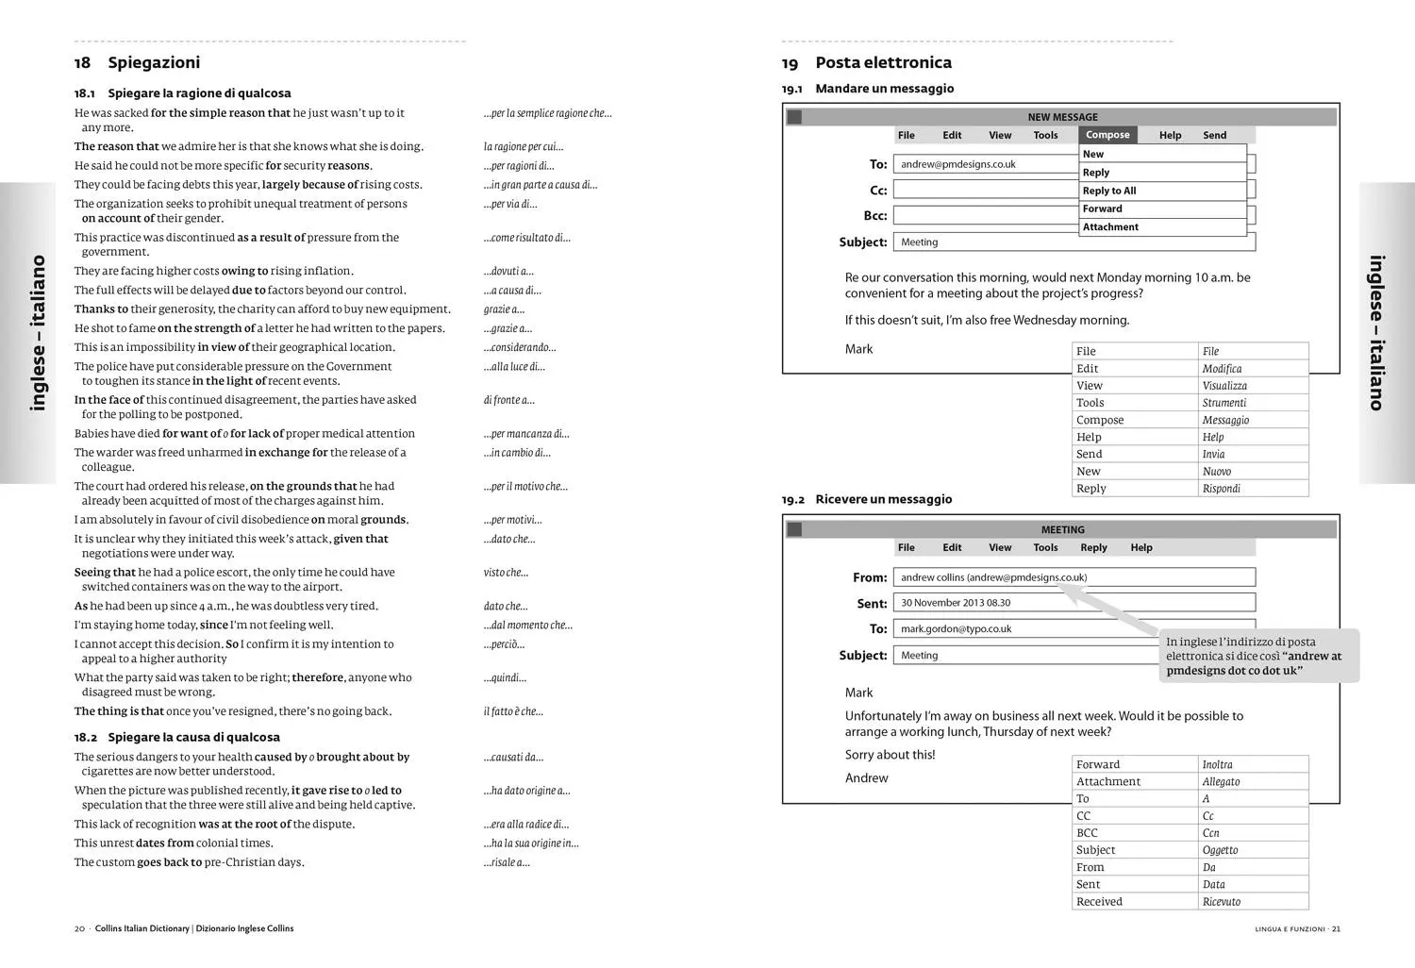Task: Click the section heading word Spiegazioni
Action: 154,62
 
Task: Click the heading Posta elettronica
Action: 883,62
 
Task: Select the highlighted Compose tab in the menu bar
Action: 1107,135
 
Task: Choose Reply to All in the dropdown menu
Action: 1109,191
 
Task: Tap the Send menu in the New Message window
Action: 1214,135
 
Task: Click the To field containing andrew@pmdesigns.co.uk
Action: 985,164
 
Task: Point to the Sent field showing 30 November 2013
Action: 1074,602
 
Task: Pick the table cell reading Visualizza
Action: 1224,386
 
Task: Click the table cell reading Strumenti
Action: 1224,403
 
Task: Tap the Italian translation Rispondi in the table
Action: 1222,489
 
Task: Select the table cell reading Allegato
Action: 1221,782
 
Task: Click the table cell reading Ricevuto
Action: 1222,902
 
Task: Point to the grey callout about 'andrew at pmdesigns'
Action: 1258,656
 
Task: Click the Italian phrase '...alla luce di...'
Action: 514,367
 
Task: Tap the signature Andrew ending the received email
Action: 866,778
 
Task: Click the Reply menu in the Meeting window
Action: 1093,547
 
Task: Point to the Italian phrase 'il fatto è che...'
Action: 513,711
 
